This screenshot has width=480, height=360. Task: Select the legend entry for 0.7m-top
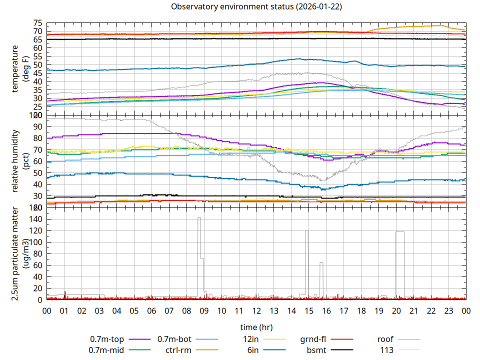tap(108, 339)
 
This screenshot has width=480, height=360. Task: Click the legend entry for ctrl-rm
tap(177, 350)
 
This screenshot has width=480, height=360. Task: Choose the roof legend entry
tap(386, 339)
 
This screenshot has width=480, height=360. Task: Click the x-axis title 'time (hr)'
tap(256, 327)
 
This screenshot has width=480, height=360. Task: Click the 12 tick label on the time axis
tap(256, 310)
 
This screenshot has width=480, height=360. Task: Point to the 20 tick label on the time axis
tap(396, 310)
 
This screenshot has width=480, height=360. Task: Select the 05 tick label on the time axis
tap(134, 310)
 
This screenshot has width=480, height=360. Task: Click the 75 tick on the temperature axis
tap(37, 23)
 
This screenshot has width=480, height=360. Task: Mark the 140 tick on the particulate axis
tap(35, 219)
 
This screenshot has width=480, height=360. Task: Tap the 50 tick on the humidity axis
tap(37, 172)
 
